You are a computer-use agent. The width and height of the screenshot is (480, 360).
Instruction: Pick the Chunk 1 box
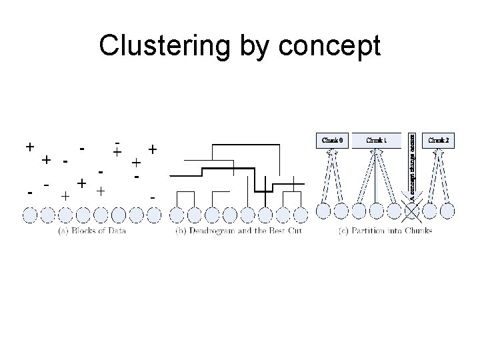(x=377, y=141)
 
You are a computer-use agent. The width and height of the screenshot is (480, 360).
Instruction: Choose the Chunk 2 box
(x=438, y=141)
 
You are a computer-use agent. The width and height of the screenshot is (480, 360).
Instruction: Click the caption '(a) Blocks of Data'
(x=92, y=231)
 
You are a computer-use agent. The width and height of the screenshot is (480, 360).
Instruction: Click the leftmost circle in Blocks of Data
(x=31, y=215)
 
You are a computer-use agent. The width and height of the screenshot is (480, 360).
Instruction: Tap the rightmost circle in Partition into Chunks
(x=447, y=211)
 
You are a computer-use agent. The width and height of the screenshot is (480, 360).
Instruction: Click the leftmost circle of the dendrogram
(x=177, y=215)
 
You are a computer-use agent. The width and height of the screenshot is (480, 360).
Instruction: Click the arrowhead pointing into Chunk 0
(x=332, y=152)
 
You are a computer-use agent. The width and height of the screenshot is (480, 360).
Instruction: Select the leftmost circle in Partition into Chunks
(x=323, y=211)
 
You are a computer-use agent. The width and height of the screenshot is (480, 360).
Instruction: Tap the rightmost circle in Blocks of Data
(x=153, y=215)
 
